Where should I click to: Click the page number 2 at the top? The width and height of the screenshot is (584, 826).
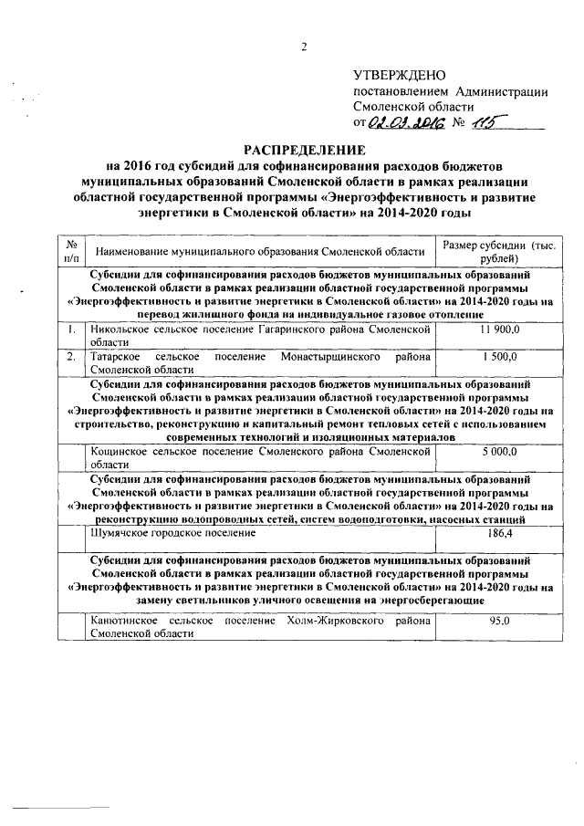pos(303,46)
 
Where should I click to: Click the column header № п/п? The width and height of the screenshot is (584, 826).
pos(68,249)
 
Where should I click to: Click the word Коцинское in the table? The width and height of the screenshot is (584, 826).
pos(117,451)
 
